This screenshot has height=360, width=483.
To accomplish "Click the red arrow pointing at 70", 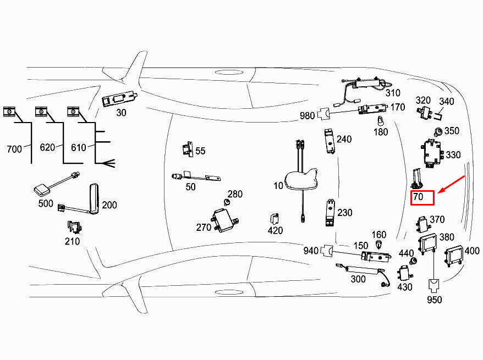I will (450, 185).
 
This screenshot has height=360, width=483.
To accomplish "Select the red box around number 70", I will (422, 197).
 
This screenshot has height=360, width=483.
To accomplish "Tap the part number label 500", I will (46, 203).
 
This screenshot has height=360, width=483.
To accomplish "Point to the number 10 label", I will (278, 186).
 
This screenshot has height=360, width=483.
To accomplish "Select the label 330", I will (453, 155).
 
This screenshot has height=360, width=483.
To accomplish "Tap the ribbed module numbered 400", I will (453, 256).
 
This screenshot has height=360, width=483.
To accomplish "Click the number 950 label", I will (434, 300).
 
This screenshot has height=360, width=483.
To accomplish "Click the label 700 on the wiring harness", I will (14, 148).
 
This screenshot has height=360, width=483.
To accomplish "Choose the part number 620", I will (48, 147).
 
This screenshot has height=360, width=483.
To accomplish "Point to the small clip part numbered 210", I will (72, 226).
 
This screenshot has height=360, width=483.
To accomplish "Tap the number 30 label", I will (121, 112).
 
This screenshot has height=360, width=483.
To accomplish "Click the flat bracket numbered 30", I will (120, 98).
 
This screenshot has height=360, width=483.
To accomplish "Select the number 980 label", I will (308, 115).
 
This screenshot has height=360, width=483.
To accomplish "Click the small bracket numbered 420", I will (275, 218).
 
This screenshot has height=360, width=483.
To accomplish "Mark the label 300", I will (358, 279).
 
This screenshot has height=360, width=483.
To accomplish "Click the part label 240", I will (344, 139).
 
